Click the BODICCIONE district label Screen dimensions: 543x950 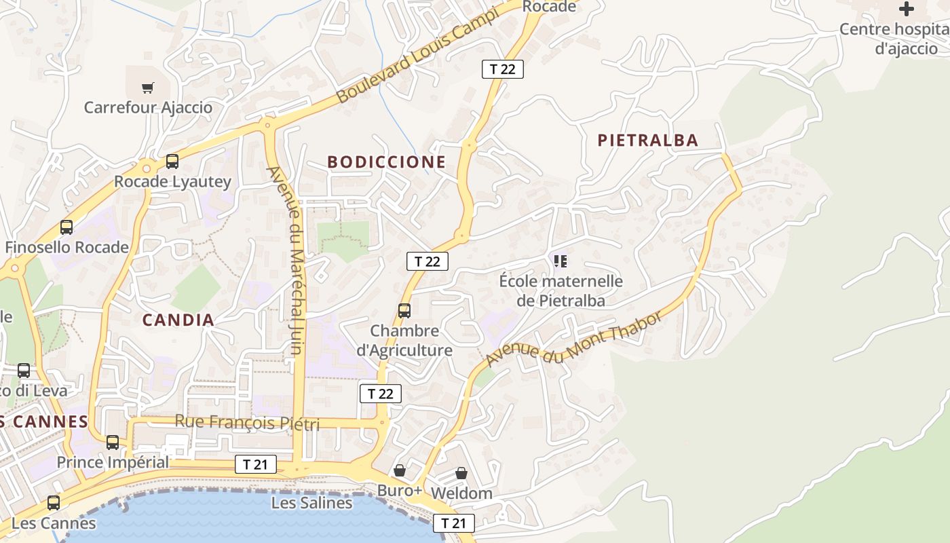coord(386,162)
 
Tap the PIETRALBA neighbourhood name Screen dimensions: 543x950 coord(647,141)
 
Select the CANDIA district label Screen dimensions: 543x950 coord(178,320)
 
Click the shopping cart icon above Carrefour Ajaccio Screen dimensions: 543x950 coord(148,88)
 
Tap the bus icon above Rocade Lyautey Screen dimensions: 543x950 coord(172,162)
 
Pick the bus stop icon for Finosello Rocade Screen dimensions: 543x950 coord(66,227)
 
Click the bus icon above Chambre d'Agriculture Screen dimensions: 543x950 coord(404,311)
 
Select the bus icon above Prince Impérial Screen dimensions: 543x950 coord(113,443)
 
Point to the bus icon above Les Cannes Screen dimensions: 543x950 coord(54,504)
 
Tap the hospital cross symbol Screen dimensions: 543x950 coord(907,9)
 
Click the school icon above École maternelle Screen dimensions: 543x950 coord(560,261)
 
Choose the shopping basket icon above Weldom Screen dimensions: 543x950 coord(461,473)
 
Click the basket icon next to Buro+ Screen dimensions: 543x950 coord(400,470)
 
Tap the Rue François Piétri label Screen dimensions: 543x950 coord(247,422)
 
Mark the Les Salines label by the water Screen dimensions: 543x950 coord(311,503)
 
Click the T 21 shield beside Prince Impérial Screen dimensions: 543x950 coord(256,464)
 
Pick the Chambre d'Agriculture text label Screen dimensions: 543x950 coord(404,341)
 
